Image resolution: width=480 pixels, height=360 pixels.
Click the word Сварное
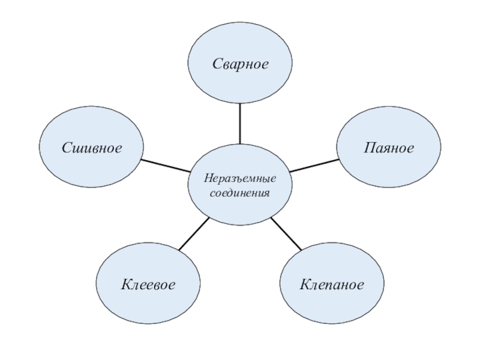tap(240, 64)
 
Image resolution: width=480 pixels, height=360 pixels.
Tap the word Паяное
tap(389, 148)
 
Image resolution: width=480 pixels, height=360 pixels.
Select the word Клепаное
tap(332, 284)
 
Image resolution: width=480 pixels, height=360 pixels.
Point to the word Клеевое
tap(148, 284)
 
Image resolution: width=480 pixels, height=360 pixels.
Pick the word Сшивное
tap(92, 148)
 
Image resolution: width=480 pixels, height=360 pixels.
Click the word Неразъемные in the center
tap(240, 179)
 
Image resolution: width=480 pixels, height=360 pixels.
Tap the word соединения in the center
tap(240, 193)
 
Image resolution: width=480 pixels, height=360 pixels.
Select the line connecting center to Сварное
tap(240, 124)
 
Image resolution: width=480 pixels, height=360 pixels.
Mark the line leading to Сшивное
tap(166, 166)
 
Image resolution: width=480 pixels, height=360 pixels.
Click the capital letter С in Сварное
tap(216, 64)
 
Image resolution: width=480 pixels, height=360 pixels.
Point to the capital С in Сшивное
tap(67, 148)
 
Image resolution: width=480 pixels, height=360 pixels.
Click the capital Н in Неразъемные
tap(207, 179)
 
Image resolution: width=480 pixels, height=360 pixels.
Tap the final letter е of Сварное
tap(265, 64)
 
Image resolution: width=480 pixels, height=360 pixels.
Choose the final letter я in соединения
tap(266, 194)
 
